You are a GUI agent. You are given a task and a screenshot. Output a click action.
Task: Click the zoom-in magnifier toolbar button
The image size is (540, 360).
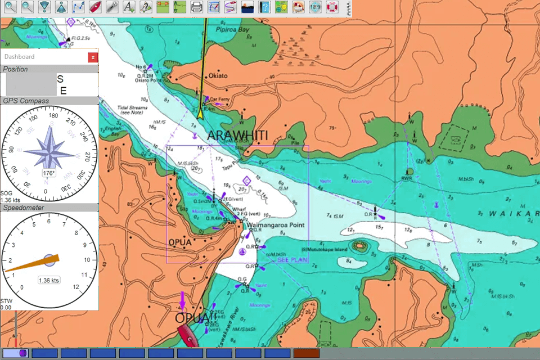pos(10,7)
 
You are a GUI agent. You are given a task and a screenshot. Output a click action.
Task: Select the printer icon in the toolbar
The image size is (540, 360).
pos(196,7)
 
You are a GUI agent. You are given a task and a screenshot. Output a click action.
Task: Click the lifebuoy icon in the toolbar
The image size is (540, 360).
pos(334,7)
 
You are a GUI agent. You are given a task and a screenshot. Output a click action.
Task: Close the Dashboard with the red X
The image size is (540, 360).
pos(93,57)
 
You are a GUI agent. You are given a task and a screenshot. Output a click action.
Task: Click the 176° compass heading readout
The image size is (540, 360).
pos(49,173)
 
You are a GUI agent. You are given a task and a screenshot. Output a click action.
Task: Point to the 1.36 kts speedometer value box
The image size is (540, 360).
pos(49,280)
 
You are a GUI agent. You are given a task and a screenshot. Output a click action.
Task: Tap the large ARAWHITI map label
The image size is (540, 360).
pos(237,135)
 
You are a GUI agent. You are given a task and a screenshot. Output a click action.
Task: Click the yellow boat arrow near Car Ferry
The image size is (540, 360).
pos(200,112)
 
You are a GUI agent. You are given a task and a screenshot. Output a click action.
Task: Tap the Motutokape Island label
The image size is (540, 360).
pos(325,249)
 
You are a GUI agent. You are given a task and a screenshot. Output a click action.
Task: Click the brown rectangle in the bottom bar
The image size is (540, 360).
pos(307,353)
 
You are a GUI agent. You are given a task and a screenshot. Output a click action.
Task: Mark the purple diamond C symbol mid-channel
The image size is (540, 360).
pos(246,180)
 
